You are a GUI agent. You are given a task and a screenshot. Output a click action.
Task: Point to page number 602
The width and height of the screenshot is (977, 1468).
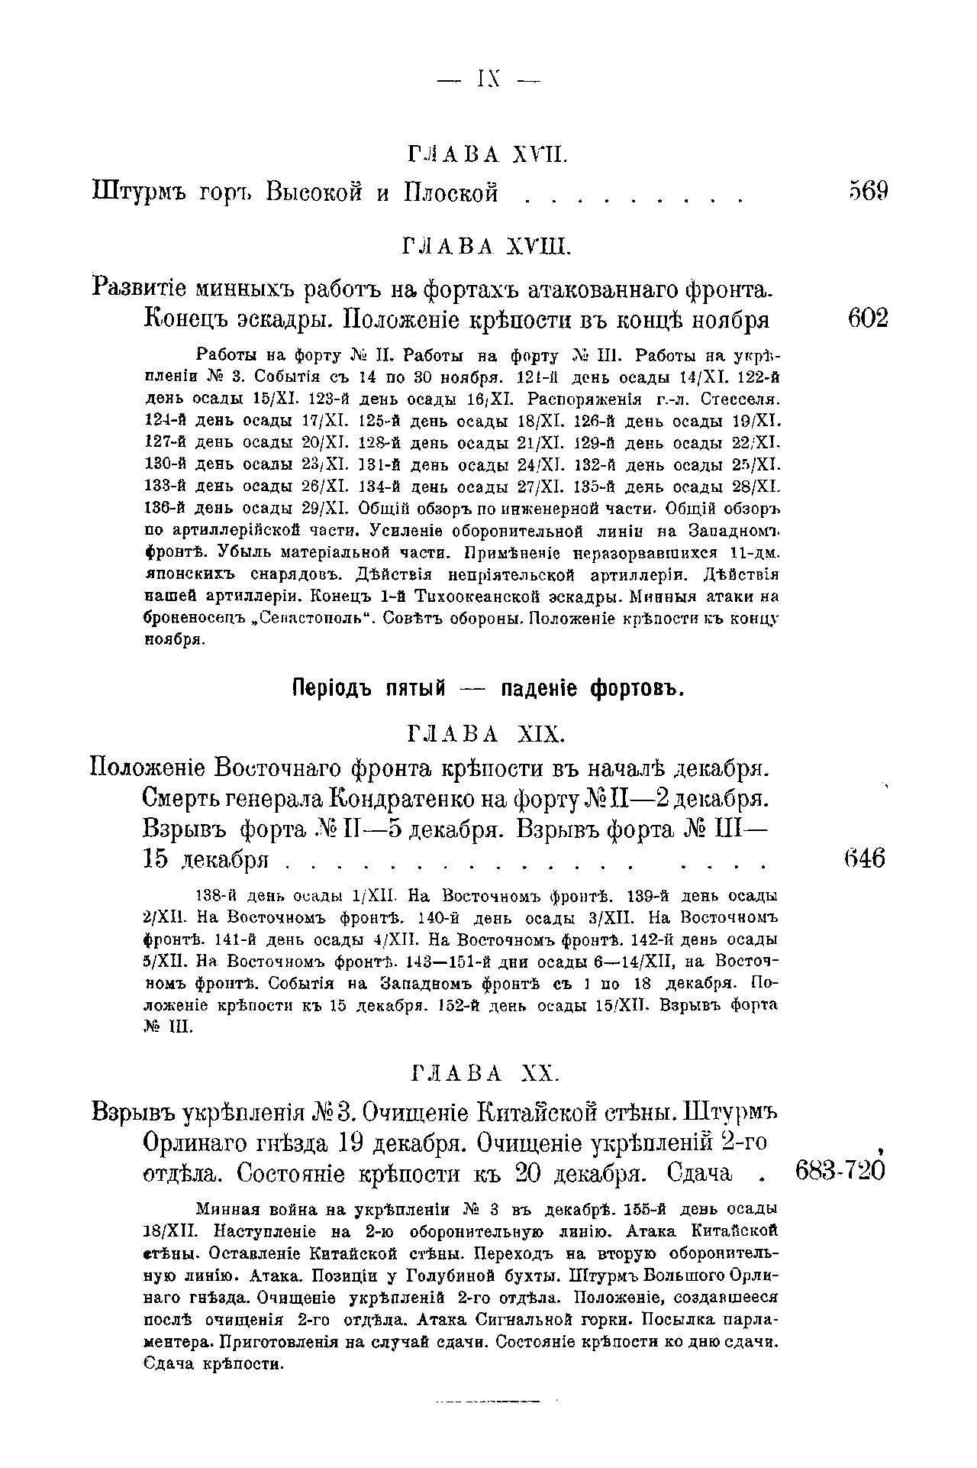[x=868, y=318]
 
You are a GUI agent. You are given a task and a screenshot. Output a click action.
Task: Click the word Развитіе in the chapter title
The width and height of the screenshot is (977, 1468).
[x=153, y=289]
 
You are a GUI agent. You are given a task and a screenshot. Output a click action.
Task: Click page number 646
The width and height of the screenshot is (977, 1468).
[x=868, y=858]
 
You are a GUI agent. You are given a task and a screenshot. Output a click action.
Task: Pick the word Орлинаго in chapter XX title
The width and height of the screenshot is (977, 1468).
[x=203, y=1143]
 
